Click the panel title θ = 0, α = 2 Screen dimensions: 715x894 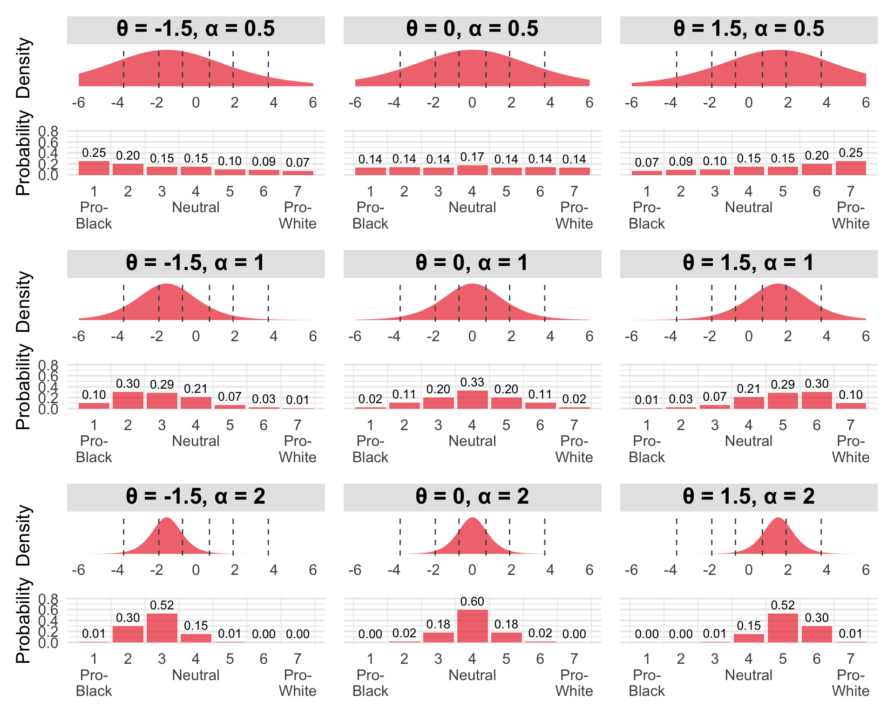(x=472, y=496)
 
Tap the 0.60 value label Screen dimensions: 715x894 (x=472, y=601)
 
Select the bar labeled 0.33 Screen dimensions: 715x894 (x=472, y=399)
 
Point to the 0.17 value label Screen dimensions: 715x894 (x=472, y=157)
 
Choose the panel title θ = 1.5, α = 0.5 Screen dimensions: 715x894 (x=749, y=29)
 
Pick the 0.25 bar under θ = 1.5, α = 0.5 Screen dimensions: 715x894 (x=851, y=168)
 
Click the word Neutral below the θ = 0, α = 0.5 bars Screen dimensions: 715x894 (x=472, y=207)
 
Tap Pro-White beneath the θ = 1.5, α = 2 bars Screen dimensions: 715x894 (x=851, y=683)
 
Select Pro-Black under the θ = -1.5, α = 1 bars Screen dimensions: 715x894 (x=94, y=449)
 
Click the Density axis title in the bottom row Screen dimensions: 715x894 (x=23, y=535)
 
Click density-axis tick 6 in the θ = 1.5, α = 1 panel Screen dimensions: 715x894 (x=866, y=336)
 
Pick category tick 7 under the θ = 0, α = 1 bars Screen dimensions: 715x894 (x=574, y=425)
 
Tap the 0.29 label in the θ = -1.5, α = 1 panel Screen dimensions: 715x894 (x=162, y=384)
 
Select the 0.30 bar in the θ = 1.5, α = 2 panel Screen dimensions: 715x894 (x=817, y=634)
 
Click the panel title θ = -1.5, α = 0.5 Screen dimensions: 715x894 (x=196, y=29)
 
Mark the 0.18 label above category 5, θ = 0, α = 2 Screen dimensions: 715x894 (x=506, y=624)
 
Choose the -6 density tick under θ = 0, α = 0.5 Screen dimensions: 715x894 (x=355, y=102)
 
